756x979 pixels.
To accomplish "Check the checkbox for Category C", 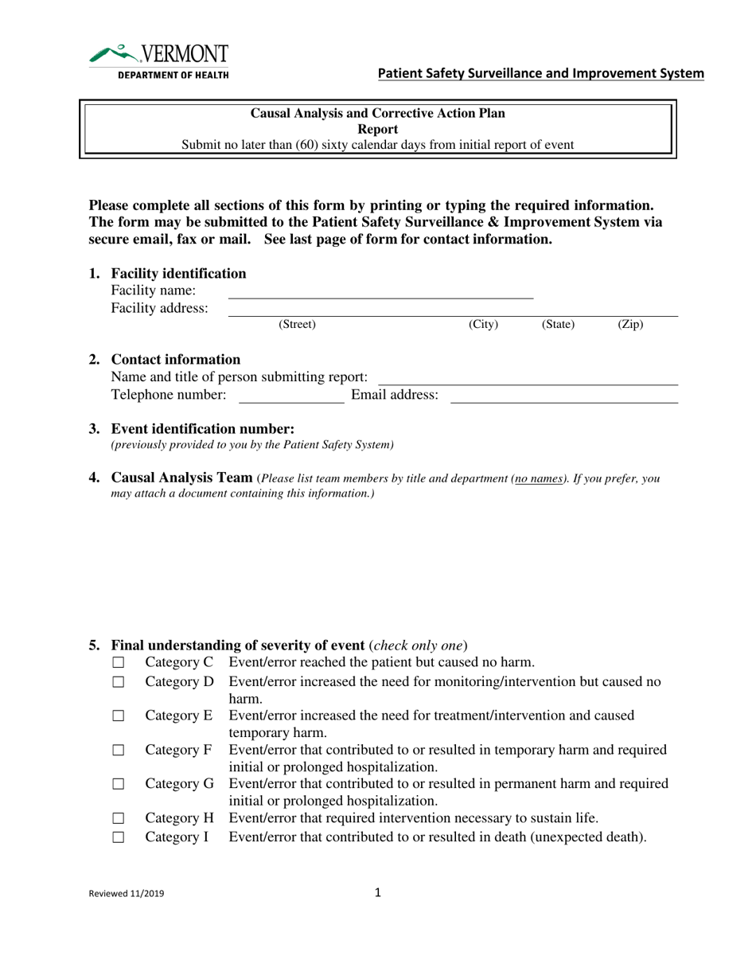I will (119, 663).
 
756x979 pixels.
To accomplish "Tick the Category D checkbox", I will (119, 682).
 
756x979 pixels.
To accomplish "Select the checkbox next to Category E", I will (119, 716).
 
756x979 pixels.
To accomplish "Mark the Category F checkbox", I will (119, 751).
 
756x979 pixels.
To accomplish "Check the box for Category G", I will (119, 785).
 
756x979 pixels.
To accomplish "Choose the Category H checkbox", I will (119, 819).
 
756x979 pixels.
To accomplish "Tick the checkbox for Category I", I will (119, 838).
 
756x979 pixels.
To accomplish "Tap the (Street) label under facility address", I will (297, 325).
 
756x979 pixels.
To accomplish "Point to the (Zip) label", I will (630, 325).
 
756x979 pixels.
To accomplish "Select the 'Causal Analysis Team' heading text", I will (182, 478).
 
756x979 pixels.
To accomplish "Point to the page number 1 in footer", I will (378, 893).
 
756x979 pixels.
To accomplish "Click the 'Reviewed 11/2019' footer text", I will (127, 895).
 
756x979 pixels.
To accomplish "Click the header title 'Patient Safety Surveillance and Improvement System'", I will (540, 74).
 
